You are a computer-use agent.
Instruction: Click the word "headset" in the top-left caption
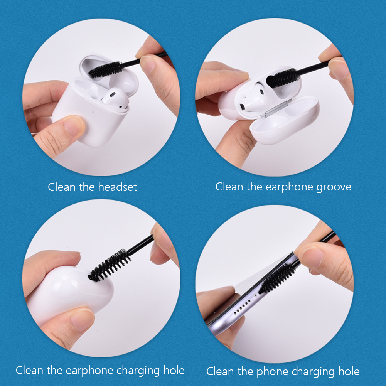pyautogui.click(x=118, y=187)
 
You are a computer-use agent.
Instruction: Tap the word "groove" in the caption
pyautogui.click(x=334, y=187)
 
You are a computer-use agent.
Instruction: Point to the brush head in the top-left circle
pyautogui.click(x=106, y=69)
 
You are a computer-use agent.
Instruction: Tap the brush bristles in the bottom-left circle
pyautogui.click(x=110, y=265)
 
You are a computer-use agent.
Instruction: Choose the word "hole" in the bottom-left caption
pyautogui.click(x=172, y=371)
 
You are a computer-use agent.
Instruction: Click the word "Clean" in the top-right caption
pyautogui.click(x=229, y=187)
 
